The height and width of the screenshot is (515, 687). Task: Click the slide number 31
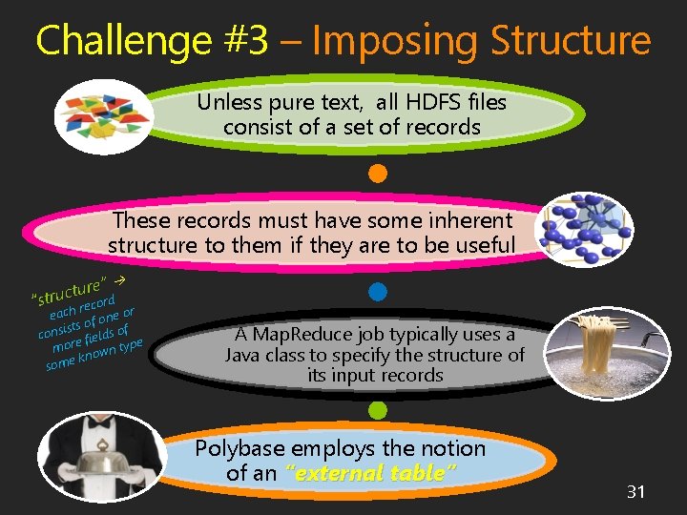[636, 491]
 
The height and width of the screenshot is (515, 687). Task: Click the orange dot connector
[377, 174]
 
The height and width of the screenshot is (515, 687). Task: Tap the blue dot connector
[377, 292]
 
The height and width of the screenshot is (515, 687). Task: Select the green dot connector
[377, 411]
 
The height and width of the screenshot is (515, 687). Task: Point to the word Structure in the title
[570, 40]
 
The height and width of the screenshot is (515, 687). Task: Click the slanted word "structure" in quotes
[68, 292]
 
